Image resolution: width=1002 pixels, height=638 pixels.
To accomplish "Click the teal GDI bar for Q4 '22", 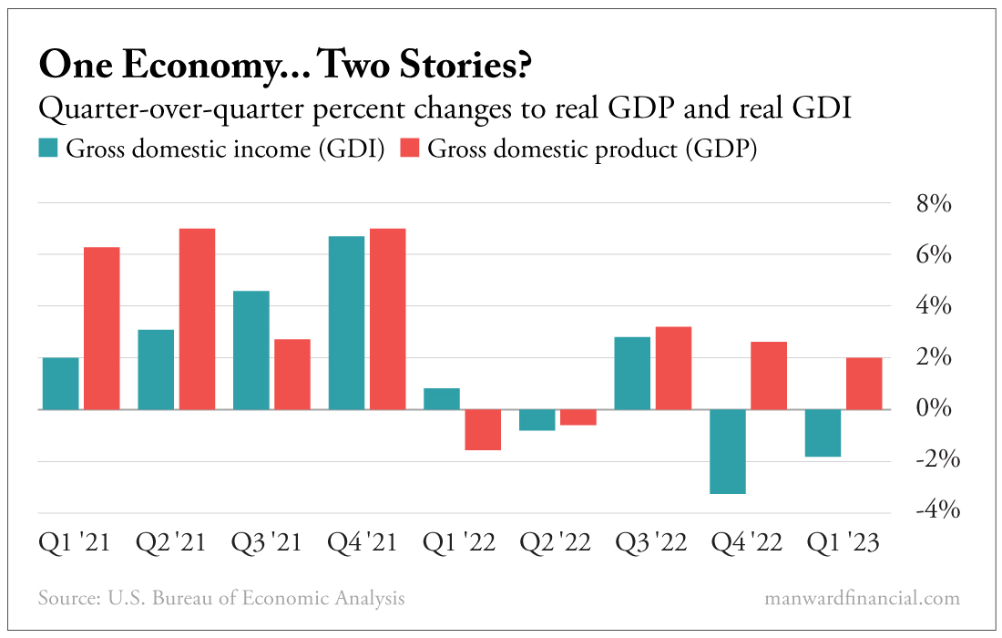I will click(728, 451).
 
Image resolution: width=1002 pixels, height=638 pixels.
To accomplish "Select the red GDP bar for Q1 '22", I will click(483, 429).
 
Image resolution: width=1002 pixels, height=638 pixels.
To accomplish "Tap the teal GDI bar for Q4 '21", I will click(346, 323).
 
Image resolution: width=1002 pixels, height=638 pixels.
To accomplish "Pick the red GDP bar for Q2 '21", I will click(197, 319).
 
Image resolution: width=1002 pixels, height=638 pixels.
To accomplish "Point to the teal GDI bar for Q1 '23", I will click(823, 433).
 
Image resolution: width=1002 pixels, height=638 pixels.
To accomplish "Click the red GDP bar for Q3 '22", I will click(673, 368).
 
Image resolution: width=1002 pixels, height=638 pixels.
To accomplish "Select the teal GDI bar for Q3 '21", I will click(251, 350).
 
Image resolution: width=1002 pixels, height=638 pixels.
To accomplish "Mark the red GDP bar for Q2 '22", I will click(578, 417).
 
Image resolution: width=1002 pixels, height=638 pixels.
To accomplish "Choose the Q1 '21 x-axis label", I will click(74, 544).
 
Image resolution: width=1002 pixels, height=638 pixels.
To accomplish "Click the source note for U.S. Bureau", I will click(221, 598).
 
